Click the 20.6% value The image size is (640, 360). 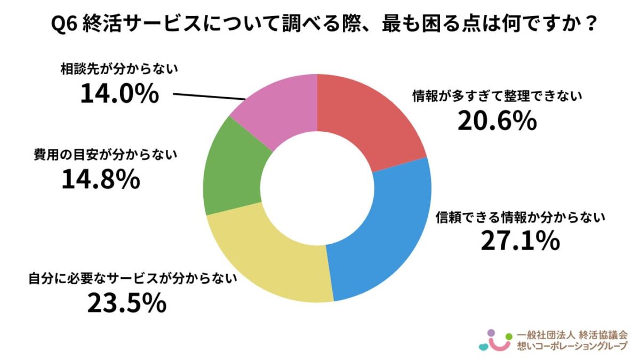(496, 122)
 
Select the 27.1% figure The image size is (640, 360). (520, 242)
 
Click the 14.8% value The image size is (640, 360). (101, 180)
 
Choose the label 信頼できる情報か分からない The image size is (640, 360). (520, 217)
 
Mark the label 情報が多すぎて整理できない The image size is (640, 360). (497, 97)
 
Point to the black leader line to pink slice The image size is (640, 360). (208, 96)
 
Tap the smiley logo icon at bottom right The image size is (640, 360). (493, 340)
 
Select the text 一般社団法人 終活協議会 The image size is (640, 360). (573, 336)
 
